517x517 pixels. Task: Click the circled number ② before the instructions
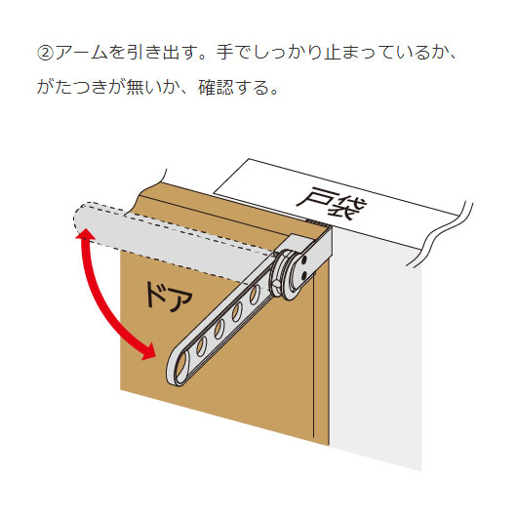[x=45, y=53]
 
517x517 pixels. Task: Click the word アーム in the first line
[x=81, y=53]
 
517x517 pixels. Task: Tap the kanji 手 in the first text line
[x=225, y=53]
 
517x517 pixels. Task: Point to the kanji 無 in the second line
[x=135, y=88]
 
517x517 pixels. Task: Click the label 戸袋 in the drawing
[x=332, y=203]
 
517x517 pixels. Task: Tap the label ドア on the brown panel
[x=169, y=297]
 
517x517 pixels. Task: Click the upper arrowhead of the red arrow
[x=85, y=235]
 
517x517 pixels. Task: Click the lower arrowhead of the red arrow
[x=148, y=351]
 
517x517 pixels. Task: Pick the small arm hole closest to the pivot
[x=255, y=295]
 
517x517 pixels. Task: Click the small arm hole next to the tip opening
[x=201, y=346]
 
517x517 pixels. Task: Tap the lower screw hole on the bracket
[x=303, y=274]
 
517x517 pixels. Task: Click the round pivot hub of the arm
[x=286, y=275]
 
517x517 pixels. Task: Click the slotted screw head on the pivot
[x=276, y=284]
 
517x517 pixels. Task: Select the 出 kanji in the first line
[x=171, y=53]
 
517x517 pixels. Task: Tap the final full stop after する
[x=274, y=93]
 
